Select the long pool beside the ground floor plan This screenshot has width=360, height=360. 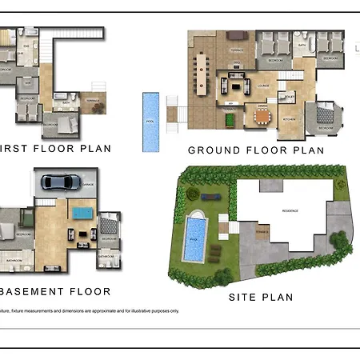tap(150, 122)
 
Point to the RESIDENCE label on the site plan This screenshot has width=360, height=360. tap(289, 210)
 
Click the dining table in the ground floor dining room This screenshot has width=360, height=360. tap(262, 117)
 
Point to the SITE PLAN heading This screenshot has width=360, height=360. tap(260, 297)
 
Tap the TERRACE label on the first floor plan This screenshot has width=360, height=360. tap(93, 102)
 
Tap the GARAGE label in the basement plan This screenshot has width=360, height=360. tap(86, 184)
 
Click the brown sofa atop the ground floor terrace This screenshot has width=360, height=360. tap(238, 35)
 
